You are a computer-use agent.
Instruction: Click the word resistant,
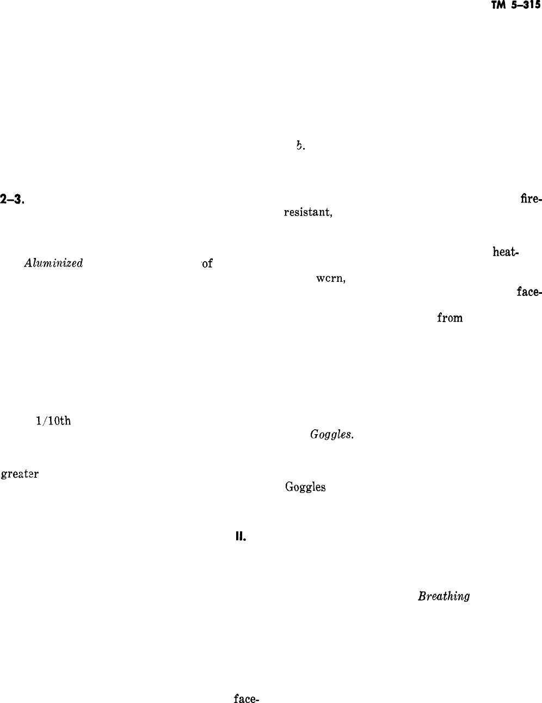coord(307,212)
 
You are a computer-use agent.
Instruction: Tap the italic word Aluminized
coord(53,263)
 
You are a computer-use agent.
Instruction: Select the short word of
coord(207,264)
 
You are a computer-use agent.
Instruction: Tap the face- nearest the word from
coord(529,292)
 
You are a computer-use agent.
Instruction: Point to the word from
coord(449,318)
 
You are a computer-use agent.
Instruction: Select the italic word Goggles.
coord(332,435)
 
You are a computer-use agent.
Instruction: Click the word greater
coord(20,474)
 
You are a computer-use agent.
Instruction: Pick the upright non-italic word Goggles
coord(305,487)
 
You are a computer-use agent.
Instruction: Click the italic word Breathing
coord(444,596)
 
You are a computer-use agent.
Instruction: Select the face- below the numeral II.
coord(245,698)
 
